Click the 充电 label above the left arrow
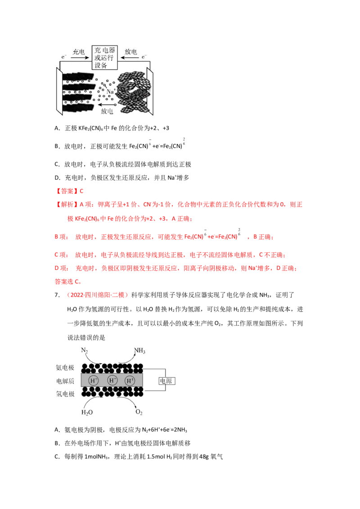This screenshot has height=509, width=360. (78, 52)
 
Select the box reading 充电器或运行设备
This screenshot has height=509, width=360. (104, 58)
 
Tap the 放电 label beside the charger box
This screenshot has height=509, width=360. (131, 52)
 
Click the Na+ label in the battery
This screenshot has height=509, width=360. (111, 91)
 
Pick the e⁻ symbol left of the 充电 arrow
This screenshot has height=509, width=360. (64, 57)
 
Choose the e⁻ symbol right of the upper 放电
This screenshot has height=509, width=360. (144, 57)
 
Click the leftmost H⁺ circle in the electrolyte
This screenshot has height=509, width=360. (94, 381)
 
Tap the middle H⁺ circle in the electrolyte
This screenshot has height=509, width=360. (112, 381)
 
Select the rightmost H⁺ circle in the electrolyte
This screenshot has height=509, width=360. (130, 381)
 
